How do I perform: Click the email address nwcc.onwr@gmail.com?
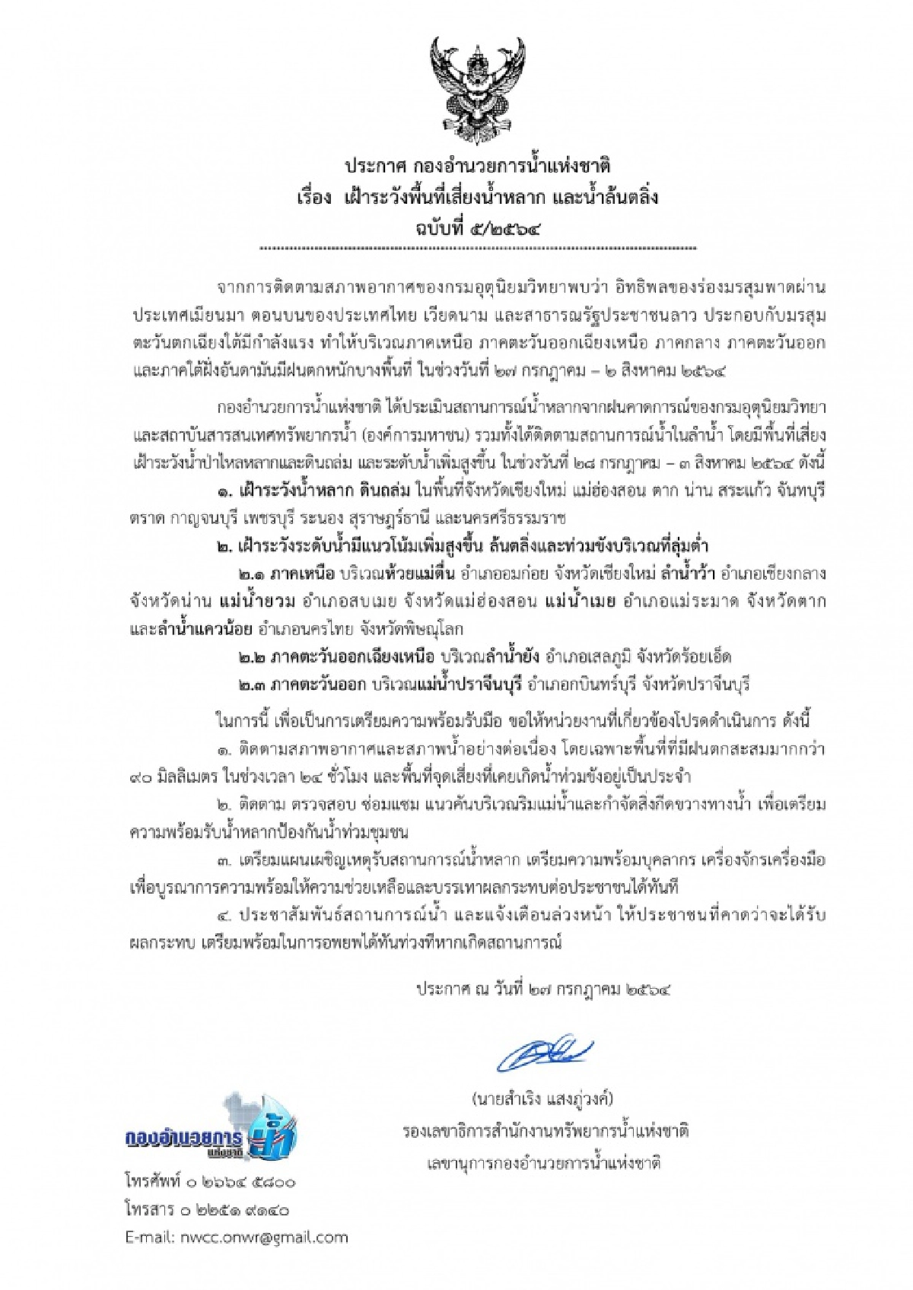237,1237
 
